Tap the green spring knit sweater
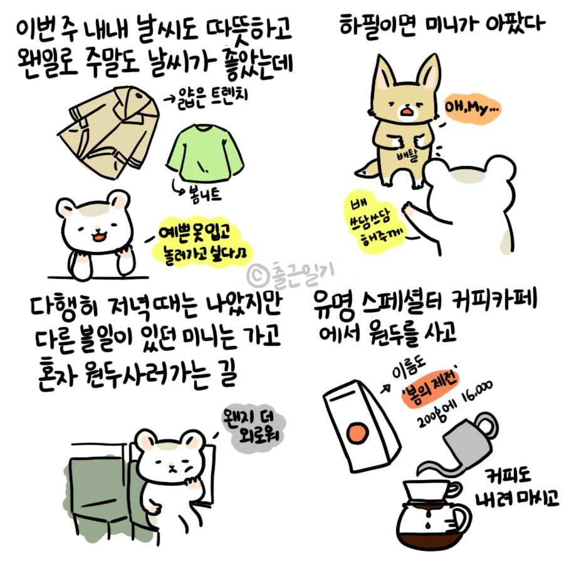[x=204, y=153]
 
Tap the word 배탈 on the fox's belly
[x=407, y=155]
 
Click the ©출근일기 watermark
[x=291, y=274]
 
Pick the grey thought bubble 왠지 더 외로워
[x=254, y=427]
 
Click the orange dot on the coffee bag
[x=357, y=432]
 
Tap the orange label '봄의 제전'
[x=430, y=389]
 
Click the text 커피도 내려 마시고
[x=516, y=488]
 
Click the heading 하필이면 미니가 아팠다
[x=442, y=24]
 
